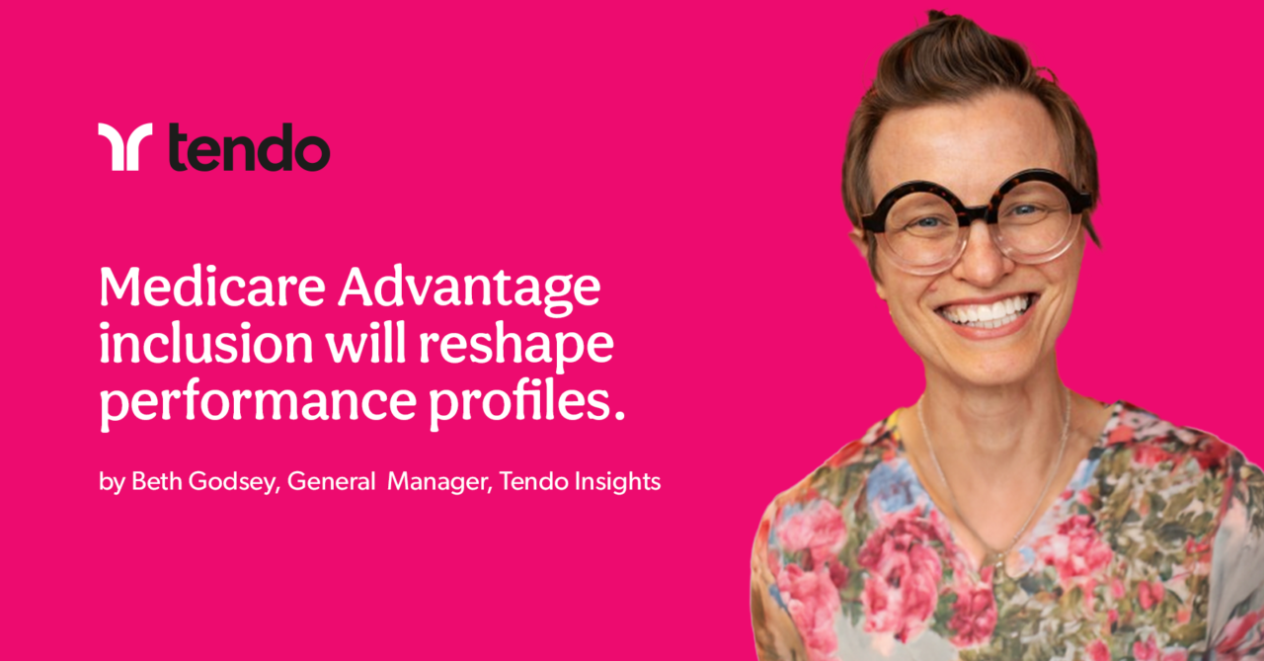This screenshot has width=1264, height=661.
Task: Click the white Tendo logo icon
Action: pyautogui.click(x=124, y=147)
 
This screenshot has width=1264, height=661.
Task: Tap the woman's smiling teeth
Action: pyautogui.click(x=987, y=310)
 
